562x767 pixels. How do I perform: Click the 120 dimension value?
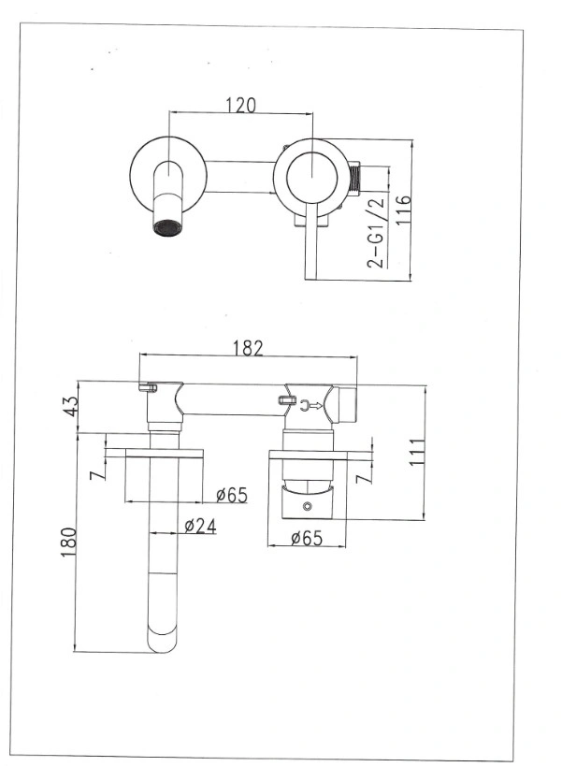(240, 105)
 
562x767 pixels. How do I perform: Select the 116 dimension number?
(404, 210)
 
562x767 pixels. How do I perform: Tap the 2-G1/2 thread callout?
(376, 233)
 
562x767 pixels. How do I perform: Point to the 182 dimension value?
(248, 348)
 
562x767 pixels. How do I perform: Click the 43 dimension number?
(71, 407)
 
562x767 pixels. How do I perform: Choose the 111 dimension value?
(417, 452)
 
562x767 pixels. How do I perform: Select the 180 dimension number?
(68, 542)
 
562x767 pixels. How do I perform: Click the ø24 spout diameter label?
(200, 526)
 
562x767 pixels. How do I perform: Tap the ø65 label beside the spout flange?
(232, 495)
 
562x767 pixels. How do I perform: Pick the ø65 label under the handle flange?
(307, 538)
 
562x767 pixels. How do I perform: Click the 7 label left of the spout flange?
(98, 473)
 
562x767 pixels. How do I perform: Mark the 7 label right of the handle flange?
(364, 478)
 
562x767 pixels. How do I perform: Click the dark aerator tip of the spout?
(166, 228)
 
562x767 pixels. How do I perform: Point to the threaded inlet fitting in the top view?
(354, 176)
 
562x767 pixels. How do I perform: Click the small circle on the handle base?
(307, 506)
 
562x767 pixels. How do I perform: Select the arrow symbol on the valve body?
(311, 405)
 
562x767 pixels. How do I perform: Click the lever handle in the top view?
(311, 242)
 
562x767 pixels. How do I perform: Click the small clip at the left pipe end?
(148, 388)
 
